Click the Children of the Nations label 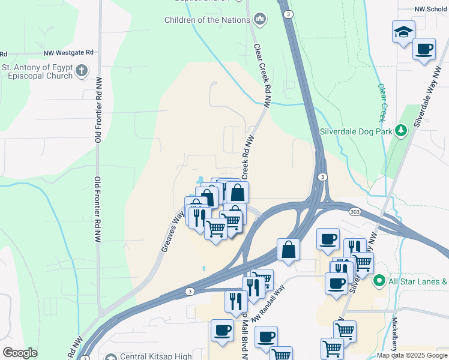tap(207, 20)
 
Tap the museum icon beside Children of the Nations tap(260, 20)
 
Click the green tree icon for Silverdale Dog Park tap(401, 131)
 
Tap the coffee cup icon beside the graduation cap tap(424, 49)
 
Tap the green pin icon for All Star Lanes tap(379, 280)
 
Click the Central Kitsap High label tap(156, 356)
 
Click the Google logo tap(20, 353)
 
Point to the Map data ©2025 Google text tap(412, 355)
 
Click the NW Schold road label tap(432, 10)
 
